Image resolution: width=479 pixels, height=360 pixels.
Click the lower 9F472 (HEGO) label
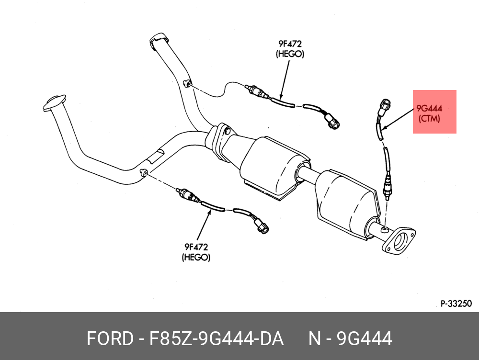click(x=196, y=252)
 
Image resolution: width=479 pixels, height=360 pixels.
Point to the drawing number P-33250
click(x=456, y=303)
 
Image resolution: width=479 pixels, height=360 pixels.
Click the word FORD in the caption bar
click(x=109, y=338)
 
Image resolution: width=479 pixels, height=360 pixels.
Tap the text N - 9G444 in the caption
click(x=350, y=338)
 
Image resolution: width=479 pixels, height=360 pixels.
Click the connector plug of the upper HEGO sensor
click(x=332, y=122)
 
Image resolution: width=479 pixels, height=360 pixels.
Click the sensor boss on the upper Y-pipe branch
click(x=187, y=84)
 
